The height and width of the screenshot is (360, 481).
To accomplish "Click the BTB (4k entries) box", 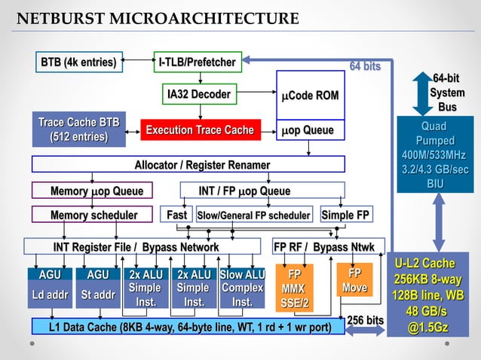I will click(x=79, y=62).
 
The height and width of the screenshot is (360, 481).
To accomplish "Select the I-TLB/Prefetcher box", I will click(x=198, y=62).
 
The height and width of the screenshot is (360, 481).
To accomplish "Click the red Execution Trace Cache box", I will click(x=200, y=130).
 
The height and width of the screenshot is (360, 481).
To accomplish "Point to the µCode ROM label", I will click(x=310, y=96).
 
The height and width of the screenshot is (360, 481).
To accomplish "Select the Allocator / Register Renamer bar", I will click(x=188, y=165).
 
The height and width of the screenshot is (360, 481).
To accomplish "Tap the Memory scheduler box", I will click(x=93, y=215).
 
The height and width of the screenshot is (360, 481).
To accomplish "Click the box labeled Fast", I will click(x=176, y=215).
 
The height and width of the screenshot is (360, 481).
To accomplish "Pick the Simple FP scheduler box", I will click(x=345, y=215).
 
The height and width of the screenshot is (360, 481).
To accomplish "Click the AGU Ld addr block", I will click(x=49, y=288).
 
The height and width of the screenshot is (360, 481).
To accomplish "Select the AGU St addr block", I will click(x=97, y=288).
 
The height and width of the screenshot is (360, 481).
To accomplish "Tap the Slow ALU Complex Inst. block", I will click(x=242, y=288).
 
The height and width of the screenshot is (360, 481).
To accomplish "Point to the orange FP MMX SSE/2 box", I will click(x=295, y=288).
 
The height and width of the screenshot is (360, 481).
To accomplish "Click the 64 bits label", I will click(x=365, y=67).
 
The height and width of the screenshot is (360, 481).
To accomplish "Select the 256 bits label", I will click(x=366, y=321).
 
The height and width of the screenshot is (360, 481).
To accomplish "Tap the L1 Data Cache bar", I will click(x=188, y=328).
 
